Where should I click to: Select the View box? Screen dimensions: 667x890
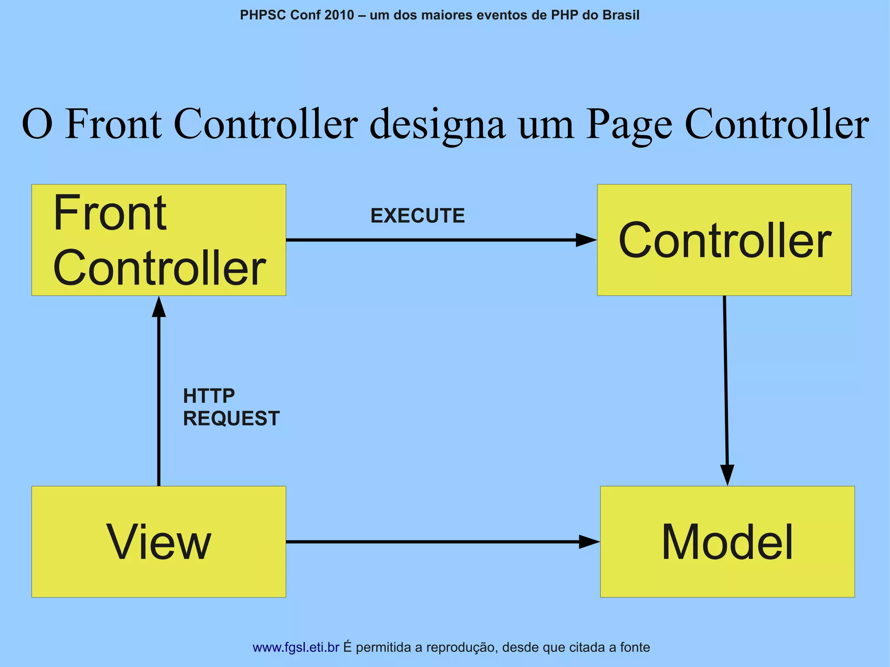[159, 541]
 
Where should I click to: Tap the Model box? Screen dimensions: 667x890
[727, 541]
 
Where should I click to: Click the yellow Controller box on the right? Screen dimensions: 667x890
[724, 240]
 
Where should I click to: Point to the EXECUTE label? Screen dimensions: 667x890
[417, 216]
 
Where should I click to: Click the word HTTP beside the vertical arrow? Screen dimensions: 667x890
[209, 396]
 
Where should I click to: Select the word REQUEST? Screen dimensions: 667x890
[231, 418]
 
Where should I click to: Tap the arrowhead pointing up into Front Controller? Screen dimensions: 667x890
[159, 307]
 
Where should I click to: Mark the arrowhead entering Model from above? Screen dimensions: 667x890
[727, 475]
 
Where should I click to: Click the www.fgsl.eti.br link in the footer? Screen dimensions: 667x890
[296, 647]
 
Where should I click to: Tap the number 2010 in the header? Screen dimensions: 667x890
[339, 15]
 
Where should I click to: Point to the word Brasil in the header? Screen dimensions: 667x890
[621, 15]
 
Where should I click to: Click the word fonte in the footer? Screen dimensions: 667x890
[635, 647]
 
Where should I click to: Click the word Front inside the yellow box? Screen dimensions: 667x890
[110, 213]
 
